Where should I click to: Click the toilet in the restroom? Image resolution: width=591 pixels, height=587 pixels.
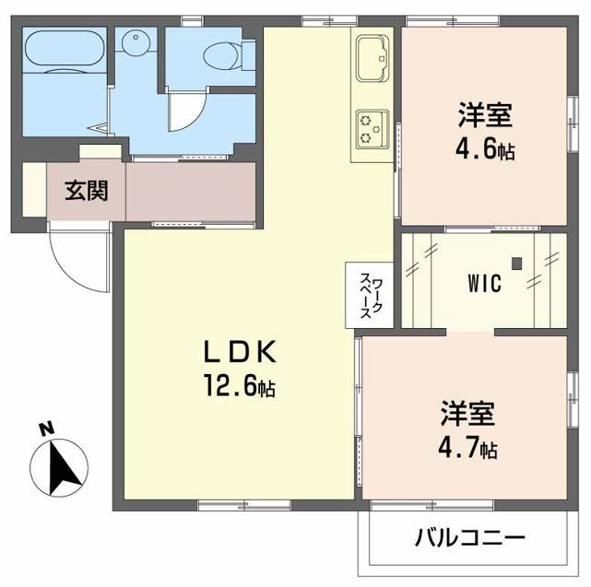[220, 56]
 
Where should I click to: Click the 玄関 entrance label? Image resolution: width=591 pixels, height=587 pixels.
[86, 191]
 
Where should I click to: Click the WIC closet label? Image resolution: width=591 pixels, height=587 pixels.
[483, 284]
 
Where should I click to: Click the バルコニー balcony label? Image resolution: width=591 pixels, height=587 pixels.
[469, 536]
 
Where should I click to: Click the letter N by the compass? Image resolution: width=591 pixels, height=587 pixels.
[44, 429]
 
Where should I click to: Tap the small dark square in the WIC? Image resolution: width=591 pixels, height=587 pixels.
[516, 263]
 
